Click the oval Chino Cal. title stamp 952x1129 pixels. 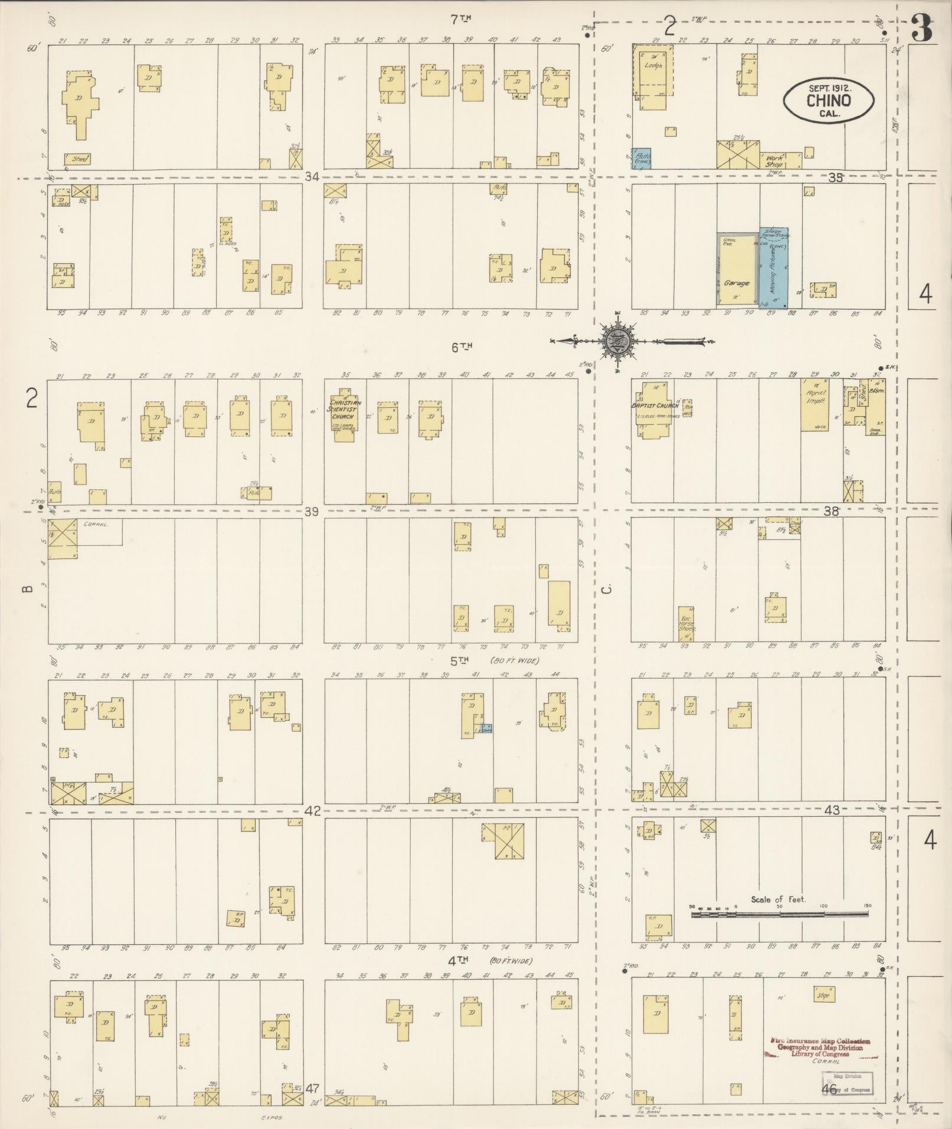(x=828, y=101)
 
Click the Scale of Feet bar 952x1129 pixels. (x=779, y=914)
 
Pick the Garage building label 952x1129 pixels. (x=737, y=283)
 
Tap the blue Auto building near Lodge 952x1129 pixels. (x=642, y=158)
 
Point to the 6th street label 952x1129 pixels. (x=462, y=348)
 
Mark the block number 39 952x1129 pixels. (x=312, y=512)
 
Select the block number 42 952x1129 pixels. (x=312, y=811)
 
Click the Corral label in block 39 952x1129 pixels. (x=94, y=523)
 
